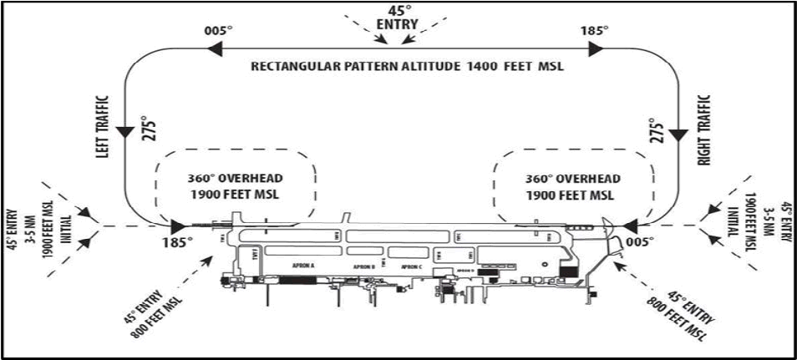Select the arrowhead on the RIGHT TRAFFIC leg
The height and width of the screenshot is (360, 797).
[677, 134]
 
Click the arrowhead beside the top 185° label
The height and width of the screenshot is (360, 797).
[594, 50]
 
